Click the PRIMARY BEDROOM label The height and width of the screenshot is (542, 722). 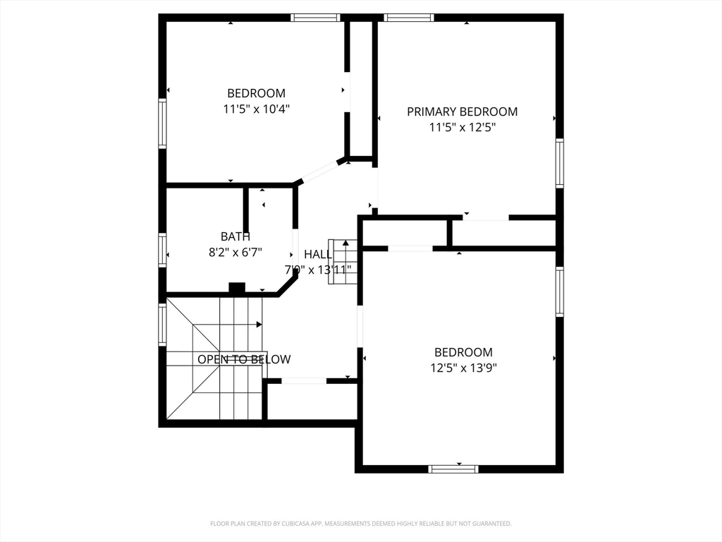(462, 112)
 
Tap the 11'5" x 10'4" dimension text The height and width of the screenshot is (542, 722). (257, 109)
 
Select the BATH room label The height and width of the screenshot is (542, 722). (235, 236)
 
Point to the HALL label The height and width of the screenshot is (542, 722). (318, 254)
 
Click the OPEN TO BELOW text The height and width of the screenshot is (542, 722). (244, 359)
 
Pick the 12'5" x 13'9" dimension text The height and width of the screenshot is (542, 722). (464, 368)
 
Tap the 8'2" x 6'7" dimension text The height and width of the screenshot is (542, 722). (235, 252)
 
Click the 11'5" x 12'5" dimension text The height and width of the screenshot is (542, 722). (463, 127)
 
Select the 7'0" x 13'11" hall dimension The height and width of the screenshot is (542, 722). (318, 270)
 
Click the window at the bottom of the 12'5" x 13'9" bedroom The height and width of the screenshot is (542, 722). (453, 469)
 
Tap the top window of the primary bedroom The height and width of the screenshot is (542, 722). (410, 18)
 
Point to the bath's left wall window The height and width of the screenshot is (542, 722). (162, 250)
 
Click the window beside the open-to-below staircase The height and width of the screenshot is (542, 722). (162, 325)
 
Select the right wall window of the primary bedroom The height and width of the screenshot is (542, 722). (559, 163)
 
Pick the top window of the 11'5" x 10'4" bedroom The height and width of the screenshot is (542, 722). (315, 18)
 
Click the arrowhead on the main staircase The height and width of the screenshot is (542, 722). (259, 325)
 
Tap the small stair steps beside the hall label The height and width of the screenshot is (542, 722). (343, 262)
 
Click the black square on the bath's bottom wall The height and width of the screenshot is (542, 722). (237, 288)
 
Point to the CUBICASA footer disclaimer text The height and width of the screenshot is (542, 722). (360, 524)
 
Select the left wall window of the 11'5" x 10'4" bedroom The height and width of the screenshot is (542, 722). (162, 124)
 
